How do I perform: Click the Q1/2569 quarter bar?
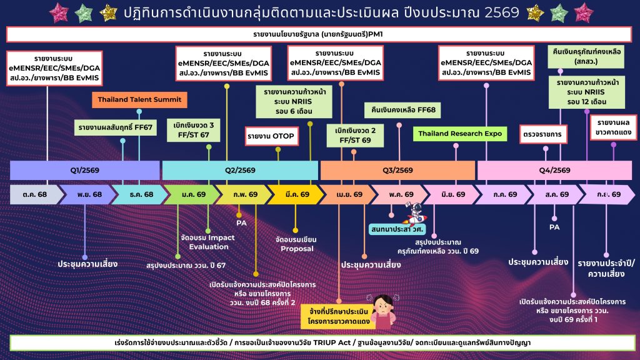(x=84, y=170)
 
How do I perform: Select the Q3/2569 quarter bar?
(x=397, y=170)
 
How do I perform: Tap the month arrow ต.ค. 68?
(x=35, y=194)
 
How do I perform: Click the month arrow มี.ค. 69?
(x=293, y=194)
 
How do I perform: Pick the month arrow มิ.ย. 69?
(x=450, y=194)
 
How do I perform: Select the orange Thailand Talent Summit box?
(x=139, y=99)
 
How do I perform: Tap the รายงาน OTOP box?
(x=271, y=136)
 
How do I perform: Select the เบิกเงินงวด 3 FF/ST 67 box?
(x=194, y=129)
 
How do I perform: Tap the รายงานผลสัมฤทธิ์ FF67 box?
(x=116, y=127)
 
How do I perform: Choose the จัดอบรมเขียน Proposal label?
(x=296, y=244)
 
